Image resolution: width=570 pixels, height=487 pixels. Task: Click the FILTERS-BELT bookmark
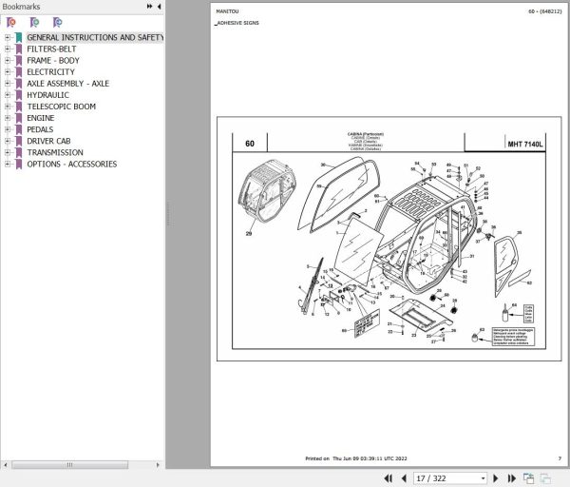point(51,49)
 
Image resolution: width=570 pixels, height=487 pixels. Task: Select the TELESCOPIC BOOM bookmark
point(61,107)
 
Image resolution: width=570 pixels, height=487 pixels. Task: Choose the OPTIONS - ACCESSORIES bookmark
point(71,165)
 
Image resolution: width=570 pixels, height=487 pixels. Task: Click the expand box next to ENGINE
point(8,118)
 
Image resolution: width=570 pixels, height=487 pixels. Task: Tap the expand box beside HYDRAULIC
point(8,95)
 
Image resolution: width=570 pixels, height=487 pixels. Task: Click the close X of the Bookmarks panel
point(159,7)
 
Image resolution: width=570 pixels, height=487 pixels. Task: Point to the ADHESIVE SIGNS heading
point(237,21)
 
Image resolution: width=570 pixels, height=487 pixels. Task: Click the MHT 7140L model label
point(525,145)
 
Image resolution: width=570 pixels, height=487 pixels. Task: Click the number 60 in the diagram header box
point(249,145)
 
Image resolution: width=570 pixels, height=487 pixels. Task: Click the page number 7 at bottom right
point(560,458)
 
